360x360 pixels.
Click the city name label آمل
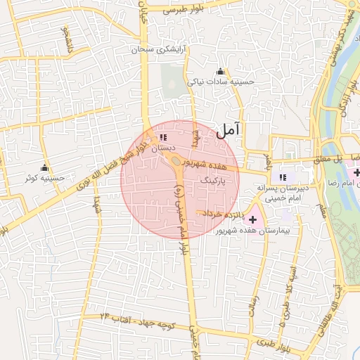tap(229, 129)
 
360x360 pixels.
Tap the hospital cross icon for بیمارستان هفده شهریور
tap(253, 220)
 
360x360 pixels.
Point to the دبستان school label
tap(162, 148)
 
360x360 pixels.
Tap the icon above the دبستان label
tap(163, 138)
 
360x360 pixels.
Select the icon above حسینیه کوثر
tap(45, 168)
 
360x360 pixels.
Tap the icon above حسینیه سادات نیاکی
tap(221, 71)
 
